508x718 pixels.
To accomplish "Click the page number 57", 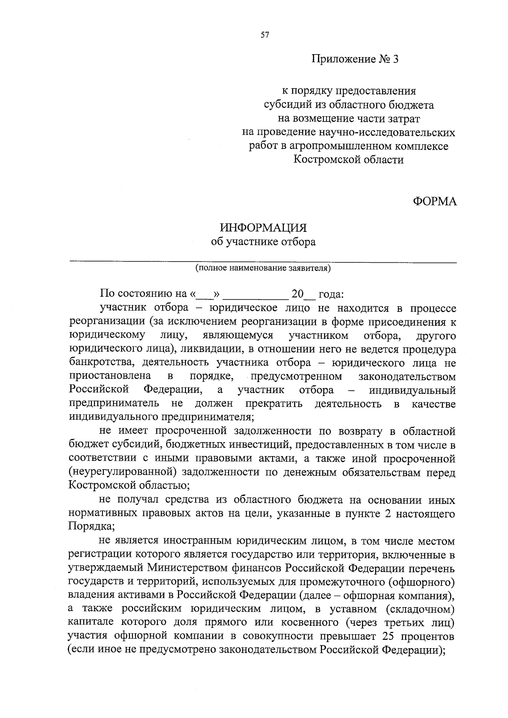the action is pos(265,36).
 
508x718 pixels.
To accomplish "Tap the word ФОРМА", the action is pos(435,202).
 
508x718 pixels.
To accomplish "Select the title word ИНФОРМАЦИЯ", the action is pos(263,228).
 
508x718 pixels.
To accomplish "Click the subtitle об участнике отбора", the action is pos(263,242).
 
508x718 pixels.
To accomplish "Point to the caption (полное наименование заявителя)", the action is pos(263,268).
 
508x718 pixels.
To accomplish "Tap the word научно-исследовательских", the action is pos(386,133).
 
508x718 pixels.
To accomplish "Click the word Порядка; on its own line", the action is pos(91,527).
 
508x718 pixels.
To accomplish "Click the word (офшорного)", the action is pos(422,582).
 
